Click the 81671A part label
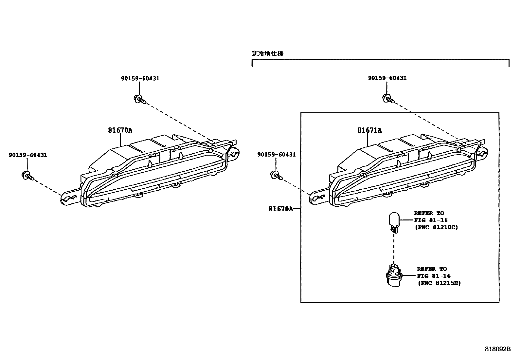point(369,130)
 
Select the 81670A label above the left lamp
point(120,130)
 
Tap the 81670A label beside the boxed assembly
point(280,209)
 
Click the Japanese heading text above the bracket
point(267,54)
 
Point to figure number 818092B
point(497,349)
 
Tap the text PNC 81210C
point(436,227)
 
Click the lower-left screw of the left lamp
point(27,176)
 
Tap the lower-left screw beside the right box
point(277,175)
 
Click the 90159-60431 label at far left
point(28,155)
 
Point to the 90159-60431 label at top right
point(387,78)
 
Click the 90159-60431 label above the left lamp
point(140,79)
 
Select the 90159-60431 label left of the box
point(277,155)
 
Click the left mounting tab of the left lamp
point(69,198)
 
